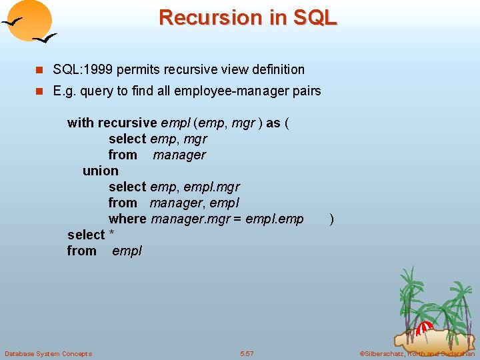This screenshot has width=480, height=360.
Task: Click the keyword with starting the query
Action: click(81, 123)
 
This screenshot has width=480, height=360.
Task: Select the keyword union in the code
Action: click(100, 171)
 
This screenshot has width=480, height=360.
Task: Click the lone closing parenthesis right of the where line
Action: click(332, 219)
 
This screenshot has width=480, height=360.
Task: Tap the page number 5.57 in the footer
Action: click(247, 353)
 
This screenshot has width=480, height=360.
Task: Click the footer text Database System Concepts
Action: click(48, 353)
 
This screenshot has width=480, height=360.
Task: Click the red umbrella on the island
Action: click(425, 327)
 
